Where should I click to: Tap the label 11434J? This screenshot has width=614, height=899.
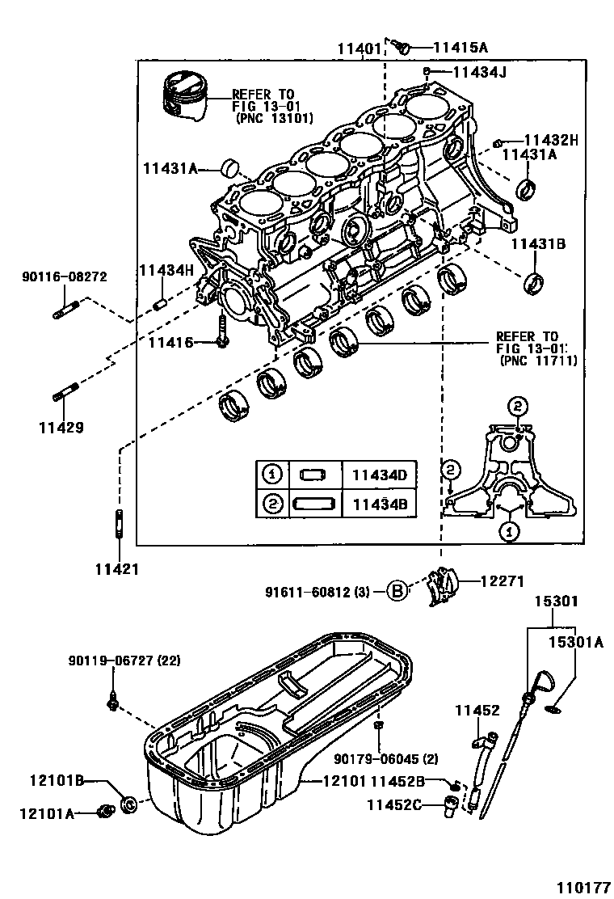478,72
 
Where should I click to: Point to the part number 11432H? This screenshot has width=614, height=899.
551,139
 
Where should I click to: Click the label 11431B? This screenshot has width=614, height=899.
538,243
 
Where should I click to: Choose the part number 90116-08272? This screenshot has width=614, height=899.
64,277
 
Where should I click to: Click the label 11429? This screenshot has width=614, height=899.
61,426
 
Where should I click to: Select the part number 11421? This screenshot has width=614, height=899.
120,568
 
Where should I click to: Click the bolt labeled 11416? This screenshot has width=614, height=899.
220,333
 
